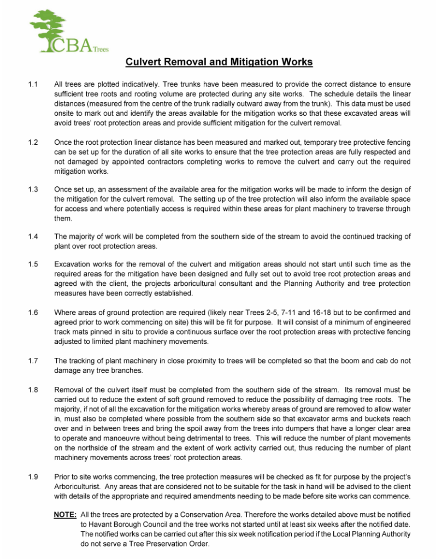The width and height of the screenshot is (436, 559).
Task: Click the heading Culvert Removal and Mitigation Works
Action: coord(219,62)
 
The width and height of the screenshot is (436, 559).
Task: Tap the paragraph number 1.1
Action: coord(32,85)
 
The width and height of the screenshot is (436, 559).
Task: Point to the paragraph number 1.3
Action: coord(32,190)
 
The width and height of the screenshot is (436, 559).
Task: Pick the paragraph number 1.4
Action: coord(32,237)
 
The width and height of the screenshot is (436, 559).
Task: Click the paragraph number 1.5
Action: coord(32,264)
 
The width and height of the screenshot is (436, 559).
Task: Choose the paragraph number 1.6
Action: coord(32,312)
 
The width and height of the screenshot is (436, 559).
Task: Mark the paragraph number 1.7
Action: coord(32,360)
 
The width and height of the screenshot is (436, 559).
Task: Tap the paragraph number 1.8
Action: coord(32,390)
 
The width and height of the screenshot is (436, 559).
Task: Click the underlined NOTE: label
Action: coord(65,515)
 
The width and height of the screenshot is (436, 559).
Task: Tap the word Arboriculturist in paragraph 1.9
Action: coord(78,487)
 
